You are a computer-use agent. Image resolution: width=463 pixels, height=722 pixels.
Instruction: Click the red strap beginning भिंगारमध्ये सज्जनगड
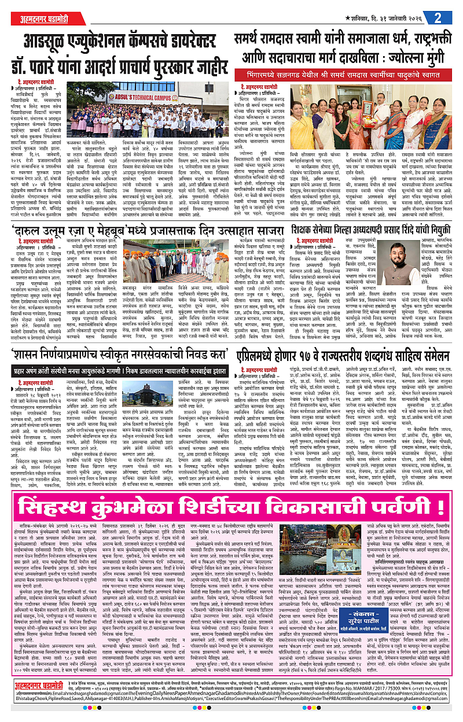point(346,75)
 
